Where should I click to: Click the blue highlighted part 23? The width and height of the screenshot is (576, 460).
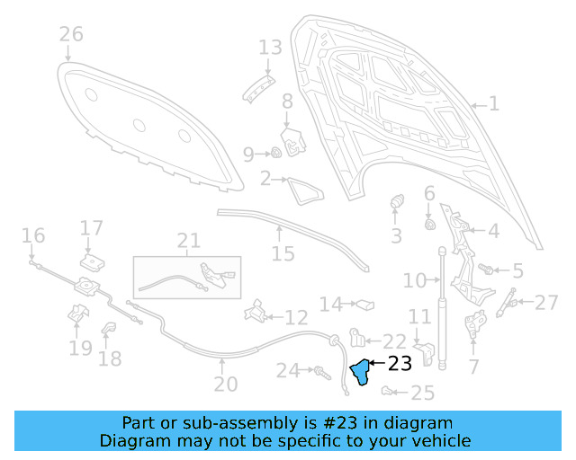[x=362, y=373]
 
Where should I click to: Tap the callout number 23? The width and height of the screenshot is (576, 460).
[x=399, y=364]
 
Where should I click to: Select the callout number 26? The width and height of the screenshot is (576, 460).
[x=71, y=35]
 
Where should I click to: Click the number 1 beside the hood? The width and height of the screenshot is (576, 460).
[x=493, y=103]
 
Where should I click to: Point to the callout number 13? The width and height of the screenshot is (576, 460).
[x=270, y=47]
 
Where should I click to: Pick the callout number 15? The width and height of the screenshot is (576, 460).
[x=283, y=254]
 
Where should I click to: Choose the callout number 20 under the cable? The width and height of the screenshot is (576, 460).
[x=225, y=385]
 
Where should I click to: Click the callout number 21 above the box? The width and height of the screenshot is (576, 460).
[x=189, y=241]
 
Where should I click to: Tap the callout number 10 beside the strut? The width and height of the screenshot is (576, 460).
[x=415, y=281]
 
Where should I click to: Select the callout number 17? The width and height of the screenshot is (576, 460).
[x=92, y=227]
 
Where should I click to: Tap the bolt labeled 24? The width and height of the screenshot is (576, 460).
[x=319, y=370]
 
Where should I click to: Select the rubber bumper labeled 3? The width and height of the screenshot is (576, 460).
[x=395, y=205]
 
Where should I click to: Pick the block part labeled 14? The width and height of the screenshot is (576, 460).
[x=363, y=305]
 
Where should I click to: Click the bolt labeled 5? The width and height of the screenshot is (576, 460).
[x=487, y=269]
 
